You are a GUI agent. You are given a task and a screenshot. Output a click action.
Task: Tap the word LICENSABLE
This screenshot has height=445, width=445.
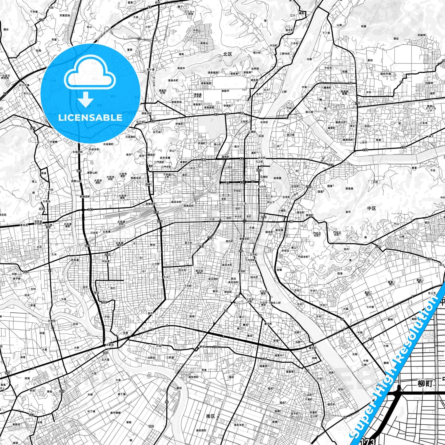tap(90, 118)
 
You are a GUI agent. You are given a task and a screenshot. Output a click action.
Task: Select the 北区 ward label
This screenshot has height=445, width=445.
tap(228, 54)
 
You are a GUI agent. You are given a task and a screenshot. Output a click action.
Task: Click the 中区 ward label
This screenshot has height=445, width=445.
tap(372, 208)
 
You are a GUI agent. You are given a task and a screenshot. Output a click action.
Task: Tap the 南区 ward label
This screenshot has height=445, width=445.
tap(211, 416)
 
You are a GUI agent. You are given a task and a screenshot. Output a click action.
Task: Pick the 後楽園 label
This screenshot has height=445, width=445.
tap(277, 178)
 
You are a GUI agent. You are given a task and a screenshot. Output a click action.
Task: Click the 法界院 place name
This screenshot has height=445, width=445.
tap(255, 69)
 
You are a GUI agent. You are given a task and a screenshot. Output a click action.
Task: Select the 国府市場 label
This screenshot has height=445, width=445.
tap(385, 74)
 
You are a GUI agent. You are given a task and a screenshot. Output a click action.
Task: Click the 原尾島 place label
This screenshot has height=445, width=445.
tap(349, 188)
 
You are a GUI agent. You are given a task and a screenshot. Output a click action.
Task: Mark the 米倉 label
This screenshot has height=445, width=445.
tap(125, 333)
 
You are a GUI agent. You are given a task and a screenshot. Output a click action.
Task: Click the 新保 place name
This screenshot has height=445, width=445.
tap(192, 316)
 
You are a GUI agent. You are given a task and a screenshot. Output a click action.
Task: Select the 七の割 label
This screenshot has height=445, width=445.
tap(370, 307)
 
